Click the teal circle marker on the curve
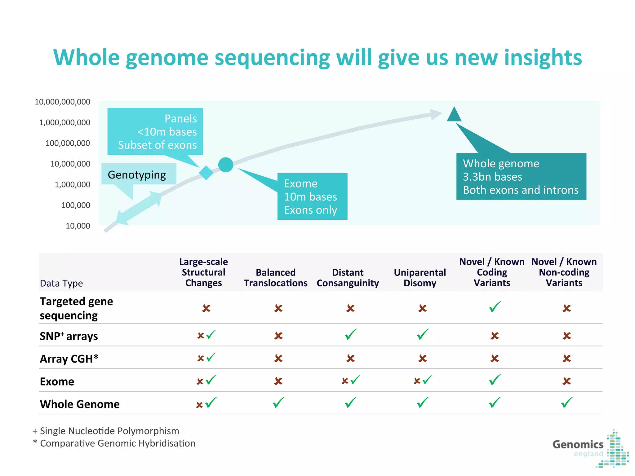coord(226,165)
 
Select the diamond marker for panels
coord(206,173)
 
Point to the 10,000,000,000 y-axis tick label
coord(62,102)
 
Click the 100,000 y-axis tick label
coord(76,205)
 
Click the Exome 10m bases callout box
coord(312,196)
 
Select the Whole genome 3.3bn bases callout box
coord(521,177)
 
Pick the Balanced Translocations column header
coord(276,278)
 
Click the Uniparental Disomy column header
coord(420,278)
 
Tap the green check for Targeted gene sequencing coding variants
coord(495,307)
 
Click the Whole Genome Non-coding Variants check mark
coord(567,403)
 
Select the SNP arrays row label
coord(69,336)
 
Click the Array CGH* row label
coord(69,359)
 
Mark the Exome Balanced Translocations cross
coord(278,381)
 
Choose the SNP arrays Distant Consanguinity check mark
coord(351,334)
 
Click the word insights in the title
coord(543,58)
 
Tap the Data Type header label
coord(61,283)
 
